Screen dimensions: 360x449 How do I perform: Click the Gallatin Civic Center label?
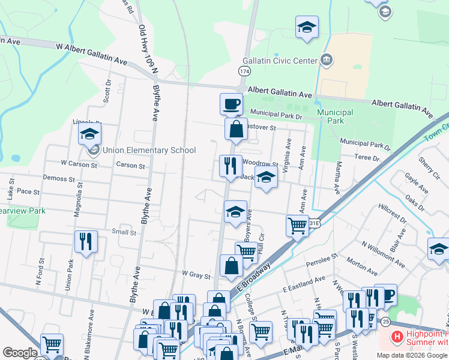click(x=280, y=61)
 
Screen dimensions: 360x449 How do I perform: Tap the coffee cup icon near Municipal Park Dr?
click(x=231, y=105)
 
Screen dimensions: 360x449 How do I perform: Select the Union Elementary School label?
click(x=149, y=150)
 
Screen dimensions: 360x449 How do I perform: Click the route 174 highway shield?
click(x=244, y=71)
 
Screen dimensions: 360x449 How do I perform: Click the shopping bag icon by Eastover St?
click(x=237, y=129)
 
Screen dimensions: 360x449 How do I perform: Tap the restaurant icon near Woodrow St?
click(x=231, y=166)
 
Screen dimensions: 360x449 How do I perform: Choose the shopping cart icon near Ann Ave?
click(x=297, y=226)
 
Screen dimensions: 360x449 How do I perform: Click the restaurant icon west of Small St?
click(x=86, y=242)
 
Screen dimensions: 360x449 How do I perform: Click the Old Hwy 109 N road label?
click(x=148, y=47)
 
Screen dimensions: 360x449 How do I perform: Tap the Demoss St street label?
click(x=58, y=178)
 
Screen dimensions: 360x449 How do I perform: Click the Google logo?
click(x=20, y=352)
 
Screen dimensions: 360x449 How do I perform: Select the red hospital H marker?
click(x=396, y=338)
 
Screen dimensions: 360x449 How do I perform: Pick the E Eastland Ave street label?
click(x=304, y=283)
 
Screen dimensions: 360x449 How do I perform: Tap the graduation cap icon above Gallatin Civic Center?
click(x=307, y=27)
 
